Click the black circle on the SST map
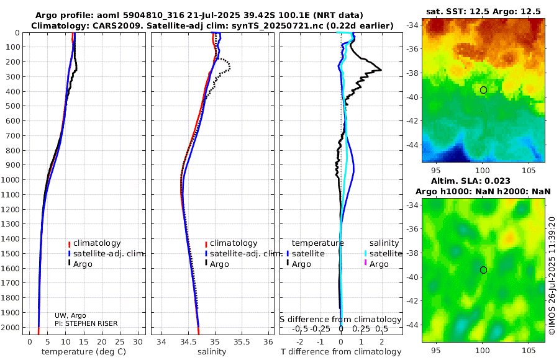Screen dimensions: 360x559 click(483, 90)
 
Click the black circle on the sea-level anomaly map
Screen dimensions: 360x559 click(483, 270)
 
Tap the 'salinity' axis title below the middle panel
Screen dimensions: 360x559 click(211, 352)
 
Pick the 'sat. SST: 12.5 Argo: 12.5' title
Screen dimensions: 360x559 click(484, 11)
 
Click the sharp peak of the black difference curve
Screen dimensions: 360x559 click(381, 70)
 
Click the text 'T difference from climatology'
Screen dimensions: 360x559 click(341, 352)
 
